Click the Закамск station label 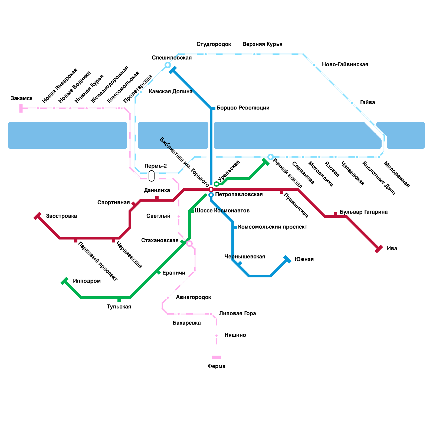point(22,98)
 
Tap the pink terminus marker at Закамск point(21,108)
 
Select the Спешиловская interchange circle point(168,65)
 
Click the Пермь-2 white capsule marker point(152,176)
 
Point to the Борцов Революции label point(243,108)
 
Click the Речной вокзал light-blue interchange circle point(271,157)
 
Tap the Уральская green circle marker point(216,184)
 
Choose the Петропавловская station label point(239,195)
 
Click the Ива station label point(392,248)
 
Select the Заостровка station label point(61,216)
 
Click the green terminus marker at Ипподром point(64,281)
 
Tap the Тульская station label point(119,307)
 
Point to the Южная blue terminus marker point(287,259)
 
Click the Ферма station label point(216,366)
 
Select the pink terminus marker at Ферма point(216,357)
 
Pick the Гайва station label point(367,102)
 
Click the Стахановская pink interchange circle point(189,244)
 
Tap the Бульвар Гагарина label point(363,212)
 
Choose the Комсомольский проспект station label point(273,227)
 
